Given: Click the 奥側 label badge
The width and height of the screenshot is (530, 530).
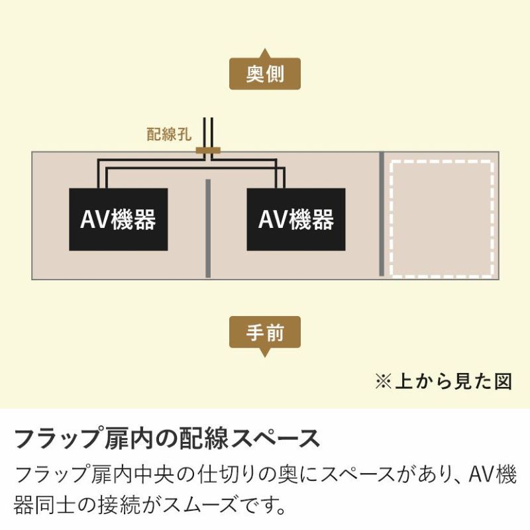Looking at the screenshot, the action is pos(264,74).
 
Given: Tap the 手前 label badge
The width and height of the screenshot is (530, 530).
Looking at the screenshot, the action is pos(264,332).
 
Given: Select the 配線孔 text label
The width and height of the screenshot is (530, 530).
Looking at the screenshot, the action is pos(169,134).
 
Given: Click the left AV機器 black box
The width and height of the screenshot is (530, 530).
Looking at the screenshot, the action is pos(119,219).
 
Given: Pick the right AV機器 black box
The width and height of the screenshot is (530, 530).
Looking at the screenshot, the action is pos(296,219).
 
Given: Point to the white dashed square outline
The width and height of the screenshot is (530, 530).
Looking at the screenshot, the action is pos(391,219).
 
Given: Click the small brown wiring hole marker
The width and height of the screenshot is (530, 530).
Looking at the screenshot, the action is pos(208,150).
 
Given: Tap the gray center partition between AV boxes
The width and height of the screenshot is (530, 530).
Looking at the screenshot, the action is pos(208,228).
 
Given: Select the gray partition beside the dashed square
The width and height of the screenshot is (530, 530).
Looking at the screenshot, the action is pos(382,214).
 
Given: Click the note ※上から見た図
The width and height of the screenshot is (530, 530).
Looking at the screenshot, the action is pos(443,382).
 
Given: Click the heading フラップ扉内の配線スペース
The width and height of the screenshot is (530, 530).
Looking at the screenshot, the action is pos(168,439).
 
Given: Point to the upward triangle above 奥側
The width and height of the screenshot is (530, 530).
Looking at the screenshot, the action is pos(264,54).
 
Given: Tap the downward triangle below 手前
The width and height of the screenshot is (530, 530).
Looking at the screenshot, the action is pos(264,352).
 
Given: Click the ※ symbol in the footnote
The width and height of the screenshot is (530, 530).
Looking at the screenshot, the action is pos(384,382).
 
